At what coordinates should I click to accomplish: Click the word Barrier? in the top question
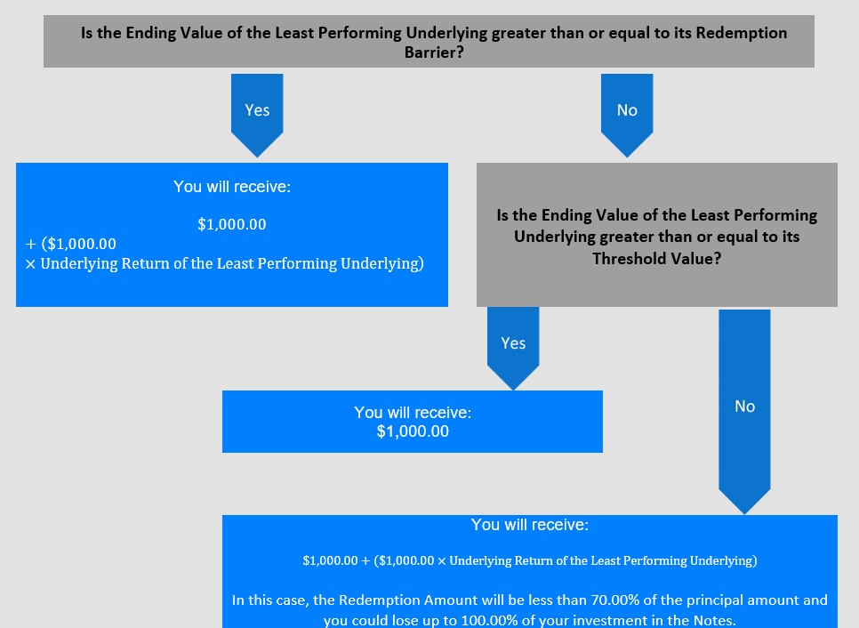pos(434,52)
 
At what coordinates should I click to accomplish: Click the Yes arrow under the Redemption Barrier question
pos(257,115)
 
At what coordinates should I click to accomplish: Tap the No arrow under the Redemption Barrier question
pos(627,115)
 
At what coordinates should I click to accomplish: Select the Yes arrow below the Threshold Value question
pos(513,348)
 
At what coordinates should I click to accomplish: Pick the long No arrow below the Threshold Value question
pos(744,411)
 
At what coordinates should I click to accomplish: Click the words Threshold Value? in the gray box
pos(656,258)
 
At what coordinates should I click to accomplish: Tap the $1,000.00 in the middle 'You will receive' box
pos(413,431)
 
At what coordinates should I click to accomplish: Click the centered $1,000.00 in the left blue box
pos(232,224)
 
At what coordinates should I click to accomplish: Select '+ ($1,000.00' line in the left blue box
pos(70,244)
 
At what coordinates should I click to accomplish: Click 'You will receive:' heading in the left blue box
pos(232,187)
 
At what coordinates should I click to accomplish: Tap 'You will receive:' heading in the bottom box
pos(530,525)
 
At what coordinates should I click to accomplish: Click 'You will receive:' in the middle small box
pos(413,412)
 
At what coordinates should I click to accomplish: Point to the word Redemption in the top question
pos(742,33)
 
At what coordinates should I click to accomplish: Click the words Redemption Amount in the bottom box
pos(408,600)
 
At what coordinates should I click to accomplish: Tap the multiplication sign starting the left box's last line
pos(30,264)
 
